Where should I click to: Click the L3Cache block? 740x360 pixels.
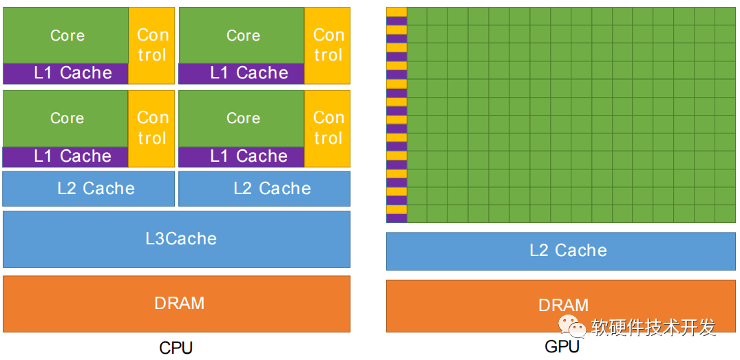(176, 240)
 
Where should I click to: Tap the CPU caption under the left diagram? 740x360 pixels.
(176, 348)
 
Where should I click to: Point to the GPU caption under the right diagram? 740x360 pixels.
(562, 347)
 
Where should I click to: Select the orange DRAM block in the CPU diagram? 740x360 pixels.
(176, 304)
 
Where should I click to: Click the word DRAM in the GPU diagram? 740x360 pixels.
(564, 305)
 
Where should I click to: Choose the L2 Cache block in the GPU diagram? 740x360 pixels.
(561, 251)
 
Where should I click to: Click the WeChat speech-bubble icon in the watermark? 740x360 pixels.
(571, 326)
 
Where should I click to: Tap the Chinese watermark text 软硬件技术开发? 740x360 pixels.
(654, 327)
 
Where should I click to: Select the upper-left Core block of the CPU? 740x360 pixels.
(65, 35)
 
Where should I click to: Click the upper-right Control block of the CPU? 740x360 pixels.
(328, 45)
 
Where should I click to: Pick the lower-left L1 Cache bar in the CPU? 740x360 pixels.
(65, 157)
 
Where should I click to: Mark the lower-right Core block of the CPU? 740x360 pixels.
(242, 118)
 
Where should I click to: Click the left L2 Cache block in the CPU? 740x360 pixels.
(89, 189)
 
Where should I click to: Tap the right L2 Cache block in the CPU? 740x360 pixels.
(265, 189)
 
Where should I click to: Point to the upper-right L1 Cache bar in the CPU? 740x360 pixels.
(242, 74)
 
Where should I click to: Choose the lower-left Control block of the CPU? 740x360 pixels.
(151, 128)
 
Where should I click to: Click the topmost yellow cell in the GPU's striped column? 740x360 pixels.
(397, 12)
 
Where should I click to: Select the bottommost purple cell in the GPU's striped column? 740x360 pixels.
(397, 218)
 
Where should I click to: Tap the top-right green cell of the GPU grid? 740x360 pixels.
(726, 16)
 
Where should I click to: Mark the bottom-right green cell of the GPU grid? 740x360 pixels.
(726, 214)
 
